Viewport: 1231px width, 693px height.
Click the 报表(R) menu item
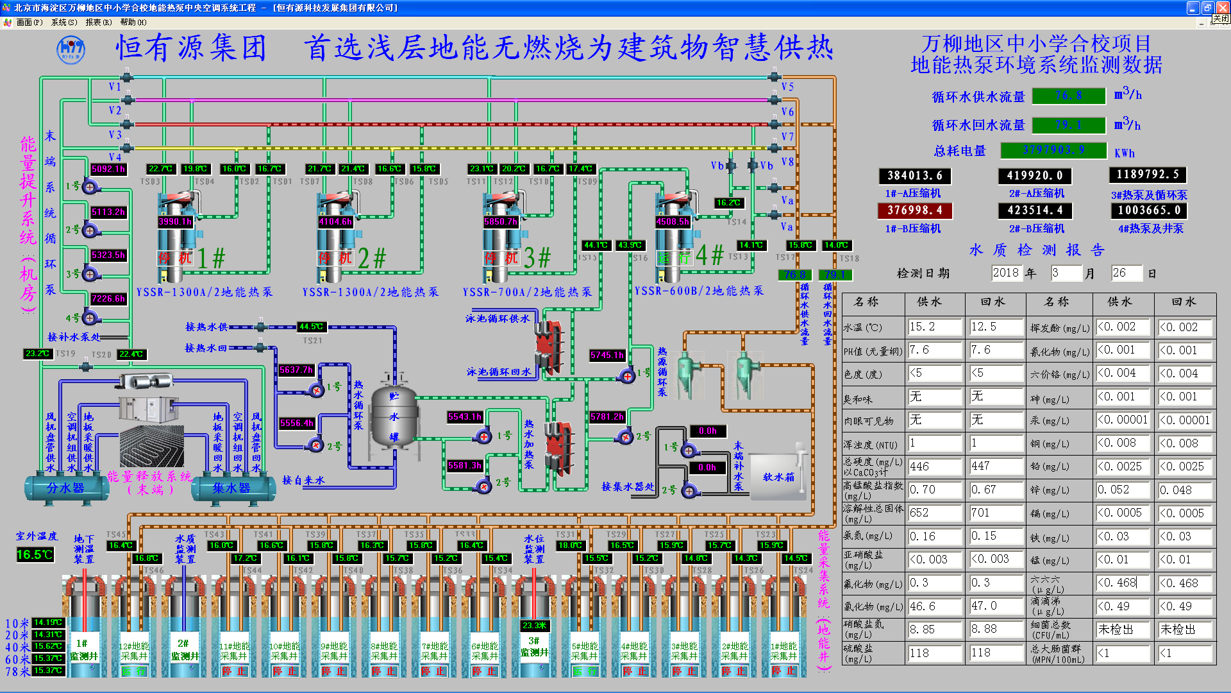coord(98,22)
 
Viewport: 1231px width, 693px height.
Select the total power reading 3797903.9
coord(1053,150)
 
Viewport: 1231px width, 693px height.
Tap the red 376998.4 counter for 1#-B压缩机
coord(914,210)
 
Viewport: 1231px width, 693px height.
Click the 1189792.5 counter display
coord(1147,175)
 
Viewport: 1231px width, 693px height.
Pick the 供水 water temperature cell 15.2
coord(934,327)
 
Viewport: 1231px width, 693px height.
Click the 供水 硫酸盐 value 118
coord(934,653)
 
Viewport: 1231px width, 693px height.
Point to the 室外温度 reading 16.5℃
coord(35,554)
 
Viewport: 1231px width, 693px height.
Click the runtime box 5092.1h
coord(108,169)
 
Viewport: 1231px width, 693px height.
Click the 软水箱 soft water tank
coord(777,477)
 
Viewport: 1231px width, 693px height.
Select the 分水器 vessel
coord(65,489)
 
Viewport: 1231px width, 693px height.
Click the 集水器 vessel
coord(231,489)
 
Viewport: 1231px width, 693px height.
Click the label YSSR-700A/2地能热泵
coord(527,292)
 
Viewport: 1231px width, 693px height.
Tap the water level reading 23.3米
coord(534,626)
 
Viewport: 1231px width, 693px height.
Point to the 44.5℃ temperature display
coord(312,327)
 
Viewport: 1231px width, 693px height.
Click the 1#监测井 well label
coord(83,649)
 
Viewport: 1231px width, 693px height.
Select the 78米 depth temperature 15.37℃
coord(48,671)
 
